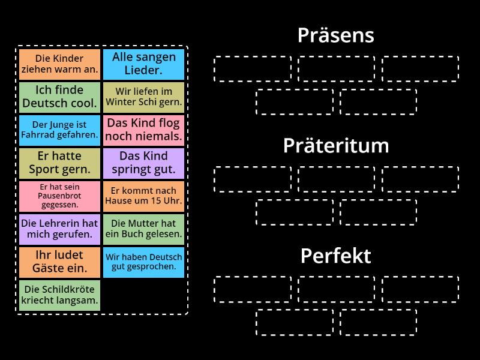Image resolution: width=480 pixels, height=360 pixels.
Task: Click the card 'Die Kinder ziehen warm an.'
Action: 59,64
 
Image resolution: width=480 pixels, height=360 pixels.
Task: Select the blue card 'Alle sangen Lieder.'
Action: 143,64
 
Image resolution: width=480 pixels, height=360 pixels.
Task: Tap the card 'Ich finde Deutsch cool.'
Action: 59,97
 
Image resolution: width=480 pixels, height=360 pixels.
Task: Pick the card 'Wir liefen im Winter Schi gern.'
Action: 143,97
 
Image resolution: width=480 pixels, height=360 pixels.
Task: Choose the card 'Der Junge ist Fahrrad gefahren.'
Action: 59,130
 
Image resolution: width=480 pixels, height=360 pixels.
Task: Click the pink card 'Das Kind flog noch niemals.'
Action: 143,130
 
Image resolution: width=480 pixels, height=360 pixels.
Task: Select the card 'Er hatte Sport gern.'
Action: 59,163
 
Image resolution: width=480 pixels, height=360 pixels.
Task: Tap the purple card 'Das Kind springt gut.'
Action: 143,163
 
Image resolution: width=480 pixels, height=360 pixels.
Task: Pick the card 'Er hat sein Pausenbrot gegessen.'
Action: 59,196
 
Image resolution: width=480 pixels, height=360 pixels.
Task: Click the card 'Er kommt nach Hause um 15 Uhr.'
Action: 143,196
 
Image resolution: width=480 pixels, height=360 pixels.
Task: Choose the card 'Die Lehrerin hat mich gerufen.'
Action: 59,229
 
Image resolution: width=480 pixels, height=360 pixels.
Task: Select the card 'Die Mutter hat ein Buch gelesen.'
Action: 143,229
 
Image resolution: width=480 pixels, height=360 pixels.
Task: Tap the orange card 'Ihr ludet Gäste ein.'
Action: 59,262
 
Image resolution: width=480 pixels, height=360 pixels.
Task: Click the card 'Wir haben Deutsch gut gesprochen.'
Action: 143,262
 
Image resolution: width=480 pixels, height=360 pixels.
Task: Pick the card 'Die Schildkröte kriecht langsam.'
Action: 59,295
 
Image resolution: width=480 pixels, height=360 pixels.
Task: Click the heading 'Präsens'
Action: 336,35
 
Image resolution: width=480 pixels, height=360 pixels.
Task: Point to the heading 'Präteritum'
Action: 336,146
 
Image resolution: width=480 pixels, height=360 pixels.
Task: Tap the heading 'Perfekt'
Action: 336,256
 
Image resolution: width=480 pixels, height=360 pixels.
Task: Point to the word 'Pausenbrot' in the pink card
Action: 59,196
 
